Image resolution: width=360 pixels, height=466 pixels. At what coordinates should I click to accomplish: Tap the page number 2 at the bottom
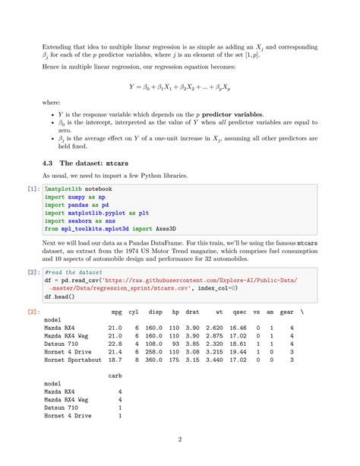coord(180,439)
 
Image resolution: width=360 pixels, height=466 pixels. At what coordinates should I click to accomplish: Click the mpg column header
coord(116,312)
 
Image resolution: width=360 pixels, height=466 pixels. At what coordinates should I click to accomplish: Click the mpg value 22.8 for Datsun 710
coord(115,344)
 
